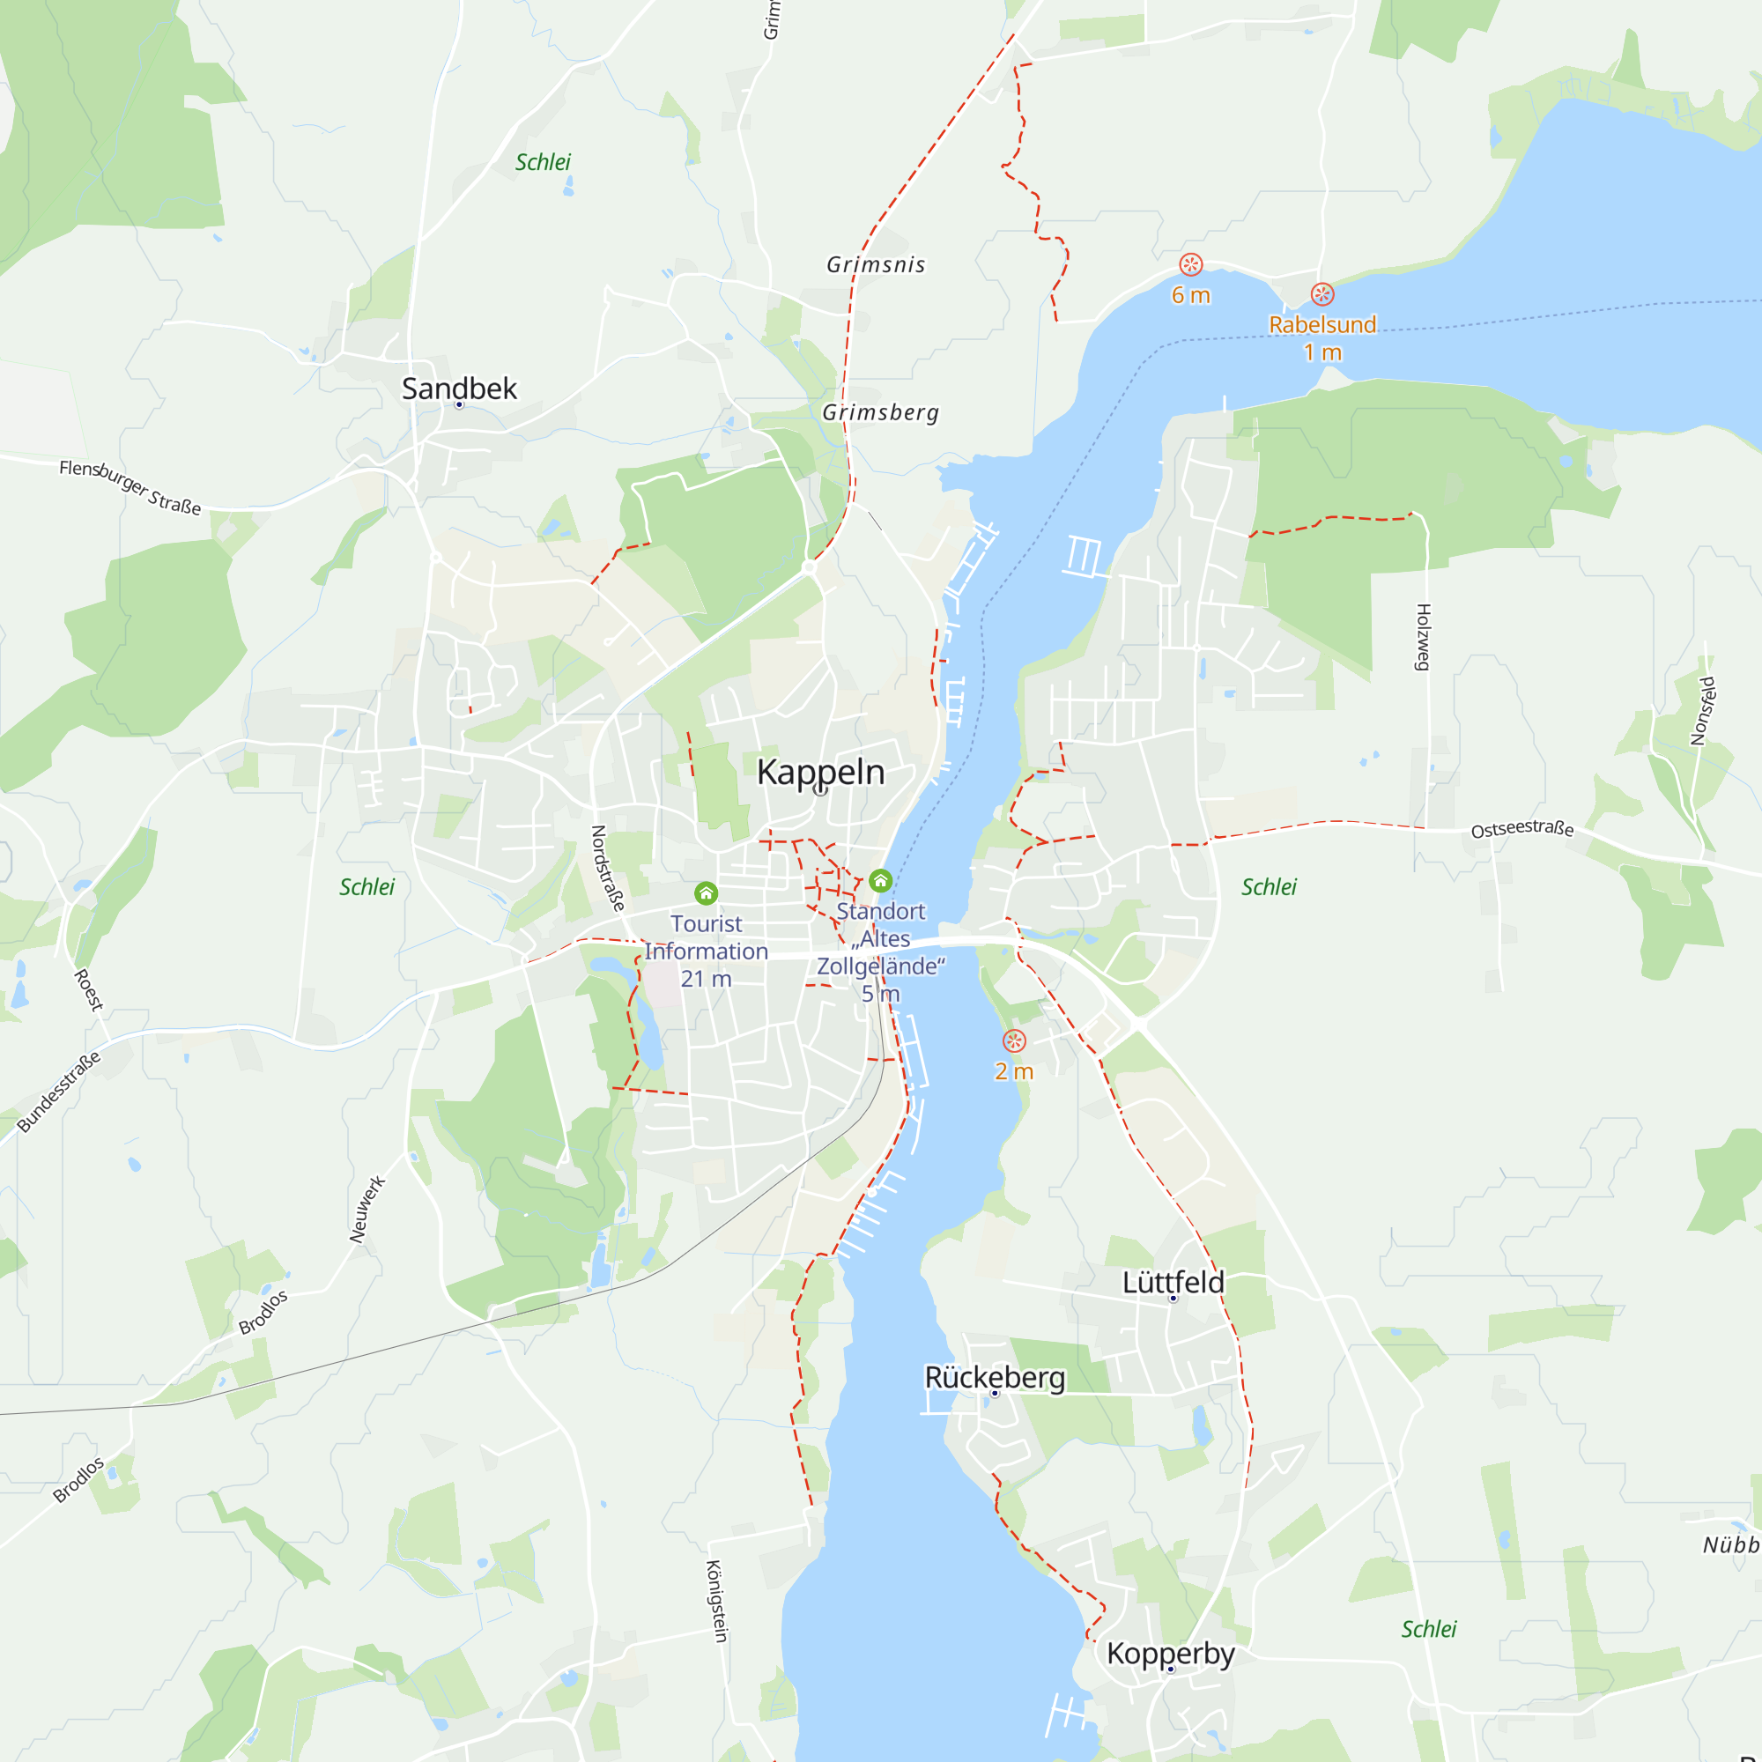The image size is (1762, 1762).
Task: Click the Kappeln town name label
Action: pyautogui.click(x=821, y=773)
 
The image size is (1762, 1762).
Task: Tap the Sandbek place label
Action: pyautogui.click(x=459, y=389)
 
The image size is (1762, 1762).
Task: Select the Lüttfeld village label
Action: pyautogui.click(x=1173, y=1282)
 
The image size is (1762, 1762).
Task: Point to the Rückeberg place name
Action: pyautogui.click(x=995, y=1377)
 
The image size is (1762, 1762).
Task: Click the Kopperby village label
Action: pyautogui.click(x=1170, y=1654)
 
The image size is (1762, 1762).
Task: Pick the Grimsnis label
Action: pyautogui.click(x=876, y=264)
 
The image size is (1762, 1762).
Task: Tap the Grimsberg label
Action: pyautogui.click(x=880, y=412)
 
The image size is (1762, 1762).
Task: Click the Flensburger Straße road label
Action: pyautogui.click(x=130, y=486)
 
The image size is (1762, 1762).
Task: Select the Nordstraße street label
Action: pyautogui.click(x=607, y=869)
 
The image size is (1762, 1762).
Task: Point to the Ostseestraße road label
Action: pyautogui.click(x=1522, y=829)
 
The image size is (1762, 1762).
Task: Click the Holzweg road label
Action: pyautogui.click(x=1423, y=637)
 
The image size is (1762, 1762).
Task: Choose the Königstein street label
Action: pyautogui.click(x=717, y=1602)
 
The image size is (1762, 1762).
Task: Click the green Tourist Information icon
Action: pyautogui.click(x=706, y=892)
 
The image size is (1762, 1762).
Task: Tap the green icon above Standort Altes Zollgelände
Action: pyautogui.click(x=880, y=880)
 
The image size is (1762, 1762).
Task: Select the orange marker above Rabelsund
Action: pyautogui.click(x=1322, y=293)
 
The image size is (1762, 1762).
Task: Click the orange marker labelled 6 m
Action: pyautogui.click(x=1190, y=264)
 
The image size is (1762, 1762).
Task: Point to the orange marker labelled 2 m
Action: pyautogui.click(x=1014, y=1040)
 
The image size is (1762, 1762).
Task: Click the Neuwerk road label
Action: pyautogui.click(x=367, y=1210)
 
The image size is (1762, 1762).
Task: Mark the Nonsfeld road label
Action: pyautogui.click(x=1703, y=710)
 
